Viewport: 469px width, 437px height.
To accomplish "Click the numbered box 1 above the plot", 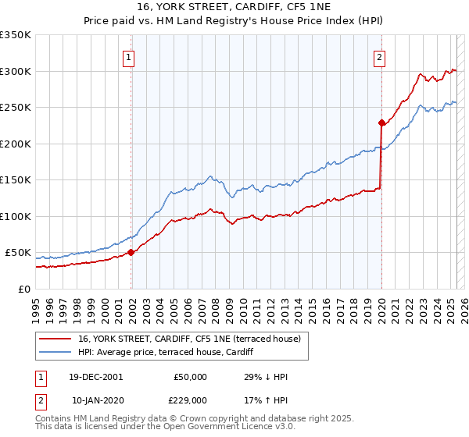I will [127, 56].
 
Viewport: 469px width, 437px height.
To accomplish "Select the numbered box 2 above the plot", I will [379, 56].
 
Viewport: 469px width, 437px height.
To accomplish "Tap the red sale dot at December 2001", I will [131, 252].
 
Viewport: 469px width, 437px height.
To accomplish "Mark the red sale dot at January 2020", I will [381, 123].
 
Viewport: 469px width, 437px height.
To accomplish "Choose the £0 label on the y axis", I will [23, 289].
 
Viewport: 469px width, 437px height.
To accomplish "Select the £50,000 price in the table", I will [191, 377].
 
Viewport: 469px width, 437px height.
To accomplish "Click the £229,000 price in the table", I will [191, 401].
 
